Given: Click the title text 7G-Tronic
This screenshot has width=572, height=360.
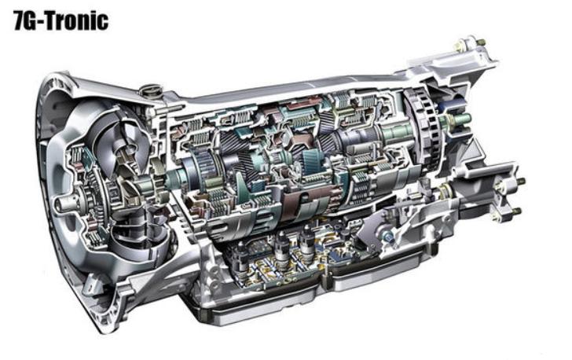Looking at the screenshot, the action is pos(61,20).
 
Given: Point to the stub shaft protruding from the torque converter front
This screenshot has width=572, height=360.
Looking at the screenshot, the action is pos(64,202).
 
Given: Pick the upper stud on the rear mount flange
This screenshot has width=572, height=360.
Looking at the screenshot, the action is pos(520,181).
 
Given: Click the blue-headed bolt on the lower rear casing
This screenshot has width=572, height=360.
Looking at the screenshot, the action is pos(387,237).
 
